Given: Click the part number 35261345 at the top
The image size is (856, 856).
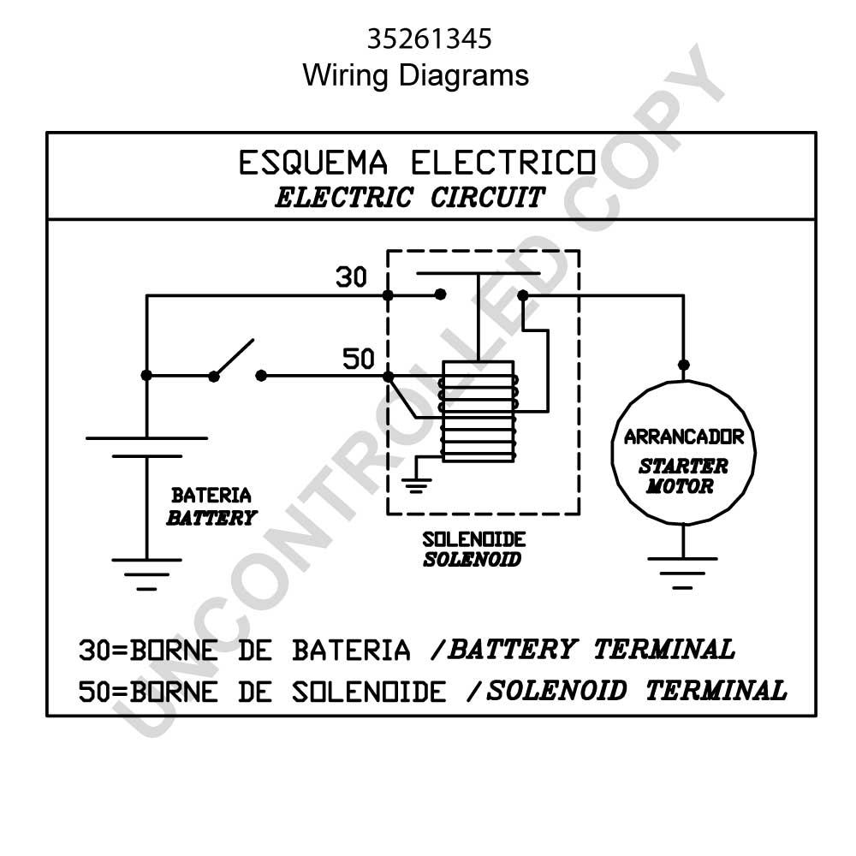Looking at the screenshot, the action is [x=429, y=39].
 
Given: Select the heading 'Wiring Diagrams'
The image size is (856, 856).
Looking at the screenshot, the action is [x=415, y=76].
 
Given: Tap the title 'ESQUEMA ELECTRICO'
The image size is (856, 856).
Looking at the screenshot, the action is [x=417, y=163].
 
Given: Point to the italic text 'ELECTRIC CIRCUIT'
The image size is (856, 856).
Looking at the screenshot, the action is [x=410, y=197].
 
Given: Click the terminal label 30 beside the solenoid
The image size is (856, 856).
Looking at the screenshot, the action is [x=351, y=277].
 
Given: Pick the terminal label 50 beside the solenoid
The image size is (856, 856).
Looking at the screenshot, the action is [x=358, y=359].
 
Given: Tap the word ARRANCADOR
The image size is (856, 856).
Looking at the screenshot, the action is [x=683, y=437].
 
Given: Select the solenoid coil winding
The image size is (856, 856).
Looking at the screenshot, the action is [x=479, y=412].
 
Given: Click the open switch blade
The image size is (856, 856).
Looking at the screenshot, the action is [x=234, y=358].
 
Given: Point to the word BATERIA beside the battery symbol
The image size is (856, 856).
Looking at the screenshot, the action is [x=211, y=495].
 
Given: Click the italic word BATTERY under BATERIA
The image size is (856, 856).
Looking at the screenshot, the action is [x=211, y=518].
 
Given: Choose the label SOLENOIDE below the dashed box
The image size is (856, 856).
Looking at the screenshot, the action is [x=474, y=539].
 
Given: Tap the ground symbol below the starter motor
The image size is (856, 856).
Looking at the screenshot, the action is [x=682, y=573].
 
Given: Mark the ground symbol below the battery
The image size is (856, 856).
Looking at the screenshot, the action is [x=146, y=574].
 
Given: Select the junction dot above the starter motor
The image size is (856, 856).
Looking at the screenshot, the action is [x=683, y=365].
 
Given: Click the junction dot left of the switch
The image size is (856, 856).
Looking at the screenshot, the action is [x=146, y=375].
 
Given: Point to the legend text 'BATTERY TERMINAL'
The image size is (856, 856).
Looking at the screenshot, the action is [x=591, y=650].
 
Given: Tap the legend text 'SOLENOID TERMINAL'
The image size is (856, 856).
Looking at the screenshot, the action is [x=637, y=691].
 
